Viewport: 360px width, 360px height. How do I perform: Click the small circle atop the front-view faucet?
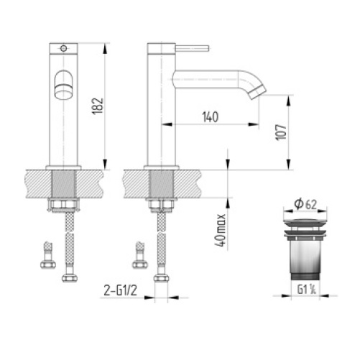coord(64,49)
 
